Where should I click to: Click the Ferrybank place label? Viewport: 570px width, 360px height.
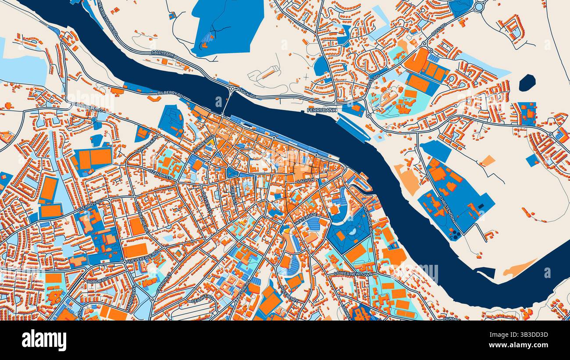(x=322, y=110)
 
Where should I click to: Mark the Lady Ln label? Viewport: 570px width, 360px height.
(x=306, y=181)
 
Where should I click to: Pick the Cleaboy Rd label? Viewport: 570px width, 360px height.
(x=90, y=207)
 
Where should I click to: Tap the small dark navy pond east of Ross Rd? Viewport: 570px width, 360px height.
(x=527, y=82)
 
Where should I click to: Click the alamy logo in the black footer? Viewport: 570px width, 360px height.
(x=44, y=340)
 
